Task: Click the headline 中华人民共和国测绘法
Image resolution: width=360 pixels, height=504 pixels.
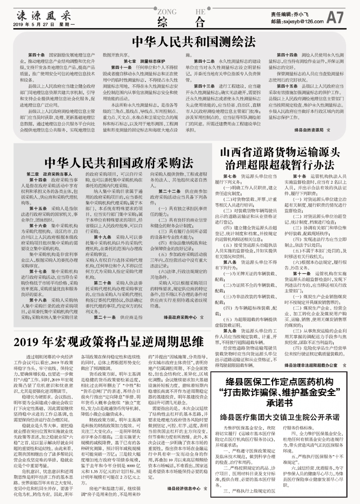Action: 179,42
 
